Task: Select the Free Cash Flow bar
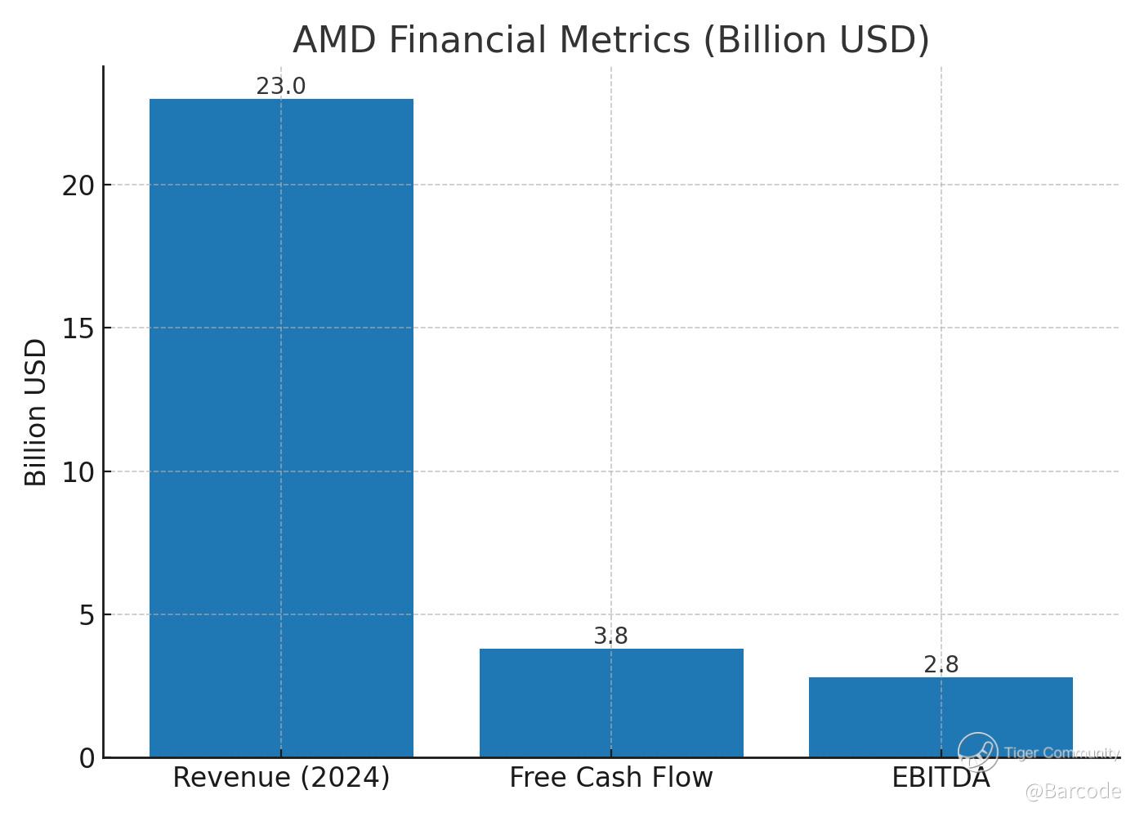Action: point(611,703)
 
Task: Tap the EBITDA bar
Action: point(941,717)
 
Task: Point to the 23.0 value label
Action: point(281,87)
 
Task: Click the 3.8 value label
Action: point(611,636)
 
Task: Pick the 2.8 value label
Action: point(941,665)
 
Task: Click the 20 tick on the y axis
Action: point(78,185)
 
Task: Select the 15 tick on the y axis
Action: point(78,328)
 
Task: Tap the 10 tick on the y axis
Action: point(78,472)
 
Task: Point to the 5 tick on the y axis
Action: point(87,615)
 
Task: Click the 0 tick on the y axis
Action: point(87,759)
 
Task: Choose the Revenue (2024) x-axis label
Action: point(281,778)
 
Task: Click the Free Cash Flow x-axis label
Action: point(611,778)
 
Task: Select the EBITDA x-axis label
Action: point(941,778)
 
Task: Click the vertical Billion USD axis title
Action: point(36,413)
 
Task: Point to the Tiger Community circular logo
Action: point(978,752)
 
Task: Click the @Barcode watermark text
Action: point(1072,791)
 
